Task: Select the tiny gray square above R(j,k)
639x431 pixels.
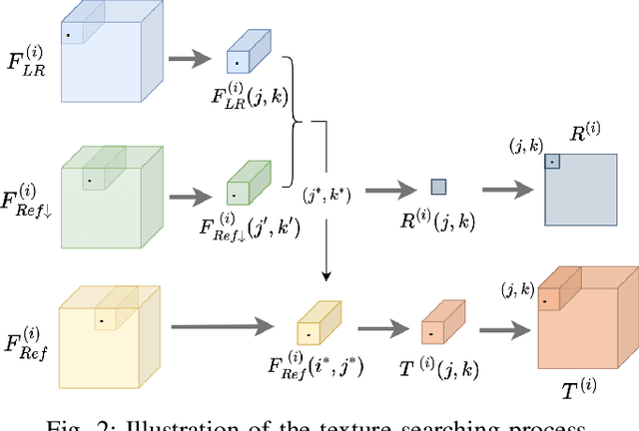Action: (438, 187)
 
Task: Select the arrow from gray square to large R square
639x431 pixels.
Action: (508, 188)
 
